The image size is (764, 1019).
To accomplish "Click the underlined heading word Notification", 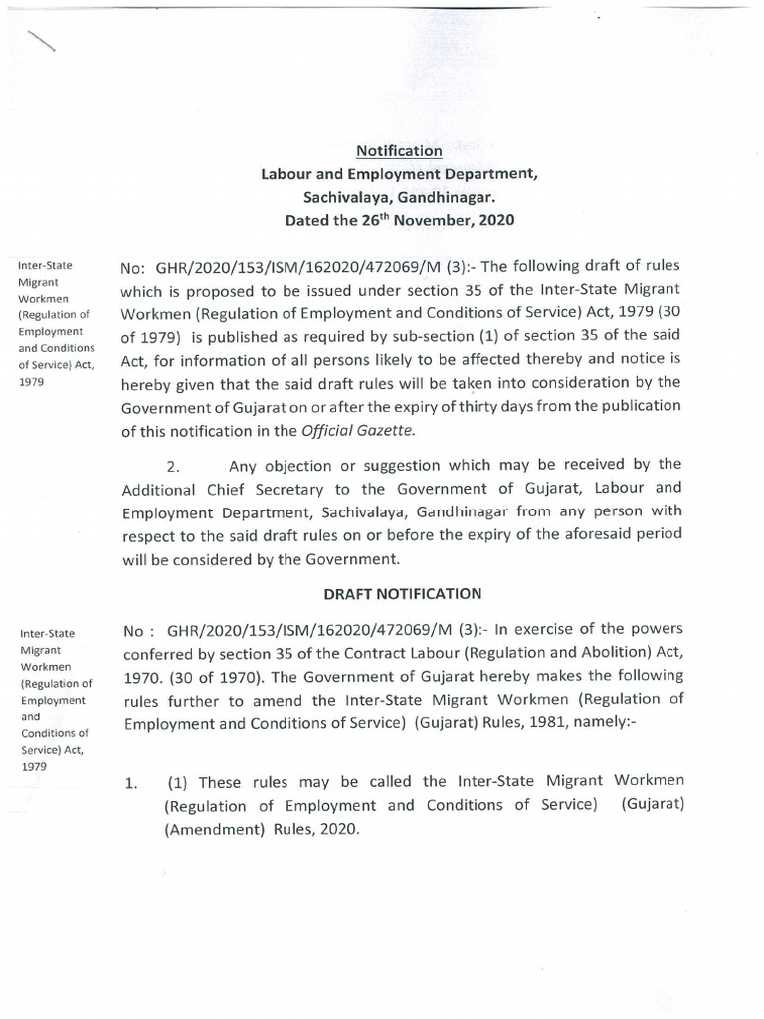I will point(399,151).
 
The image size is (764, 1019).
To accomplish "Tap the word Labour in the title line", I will point(287,174).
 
